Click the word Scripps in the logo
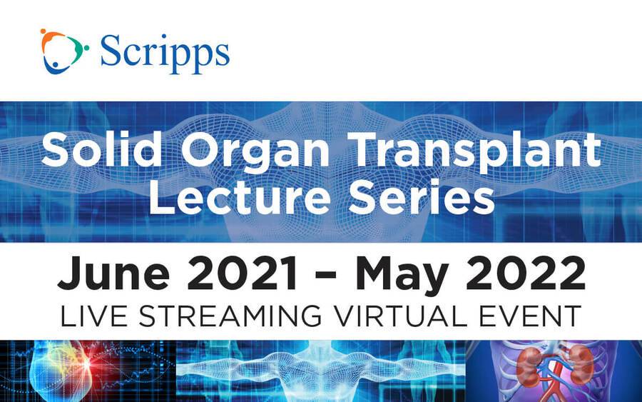(x=165, y=54)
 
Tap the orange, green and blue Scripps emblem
(x=64, y=51)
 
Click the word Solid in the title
(x=102, y=149)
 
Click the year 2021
(x=242, y=273)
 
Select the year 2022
(x=526, y=273)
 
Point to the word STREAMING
(x=230, y=316)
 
